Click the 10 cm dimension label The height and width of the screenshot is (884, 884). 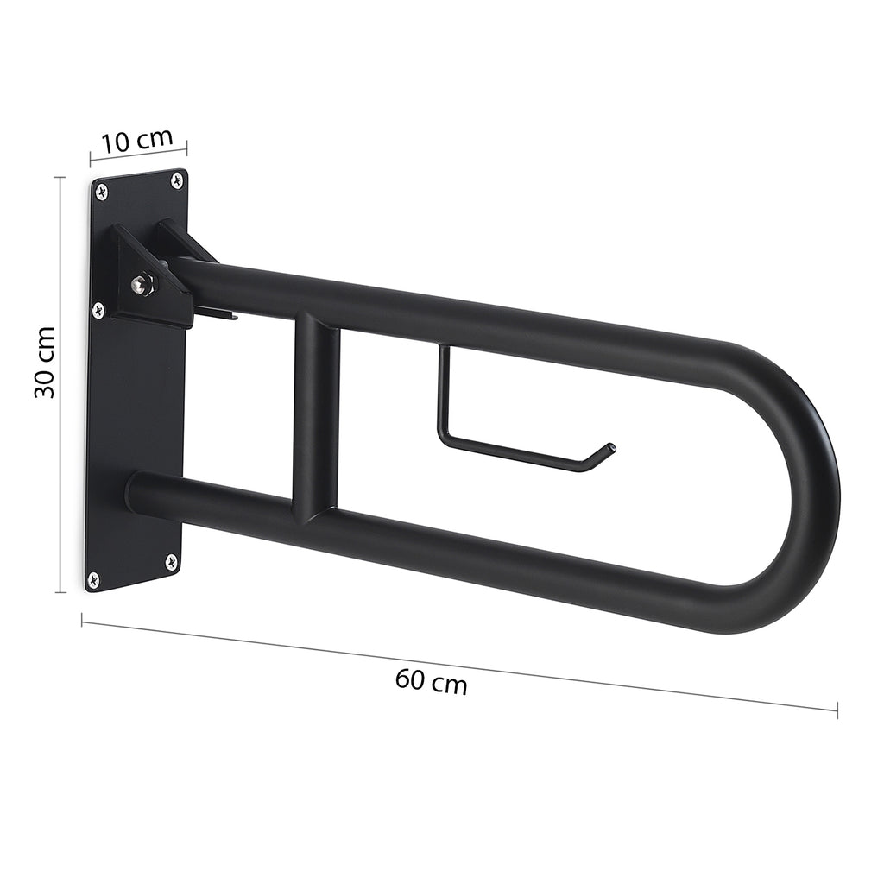(x=138, y=140)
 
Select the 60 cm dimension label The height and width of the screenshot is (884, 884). (x=432, y=682)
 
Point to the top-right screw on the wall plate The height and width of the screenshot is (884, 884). (x=177, y=180)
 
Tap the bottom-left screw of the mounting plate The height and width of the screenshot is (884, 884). (x=94, y=579)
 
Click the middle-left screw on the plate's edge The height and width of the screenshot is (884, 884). (x=98, y=307)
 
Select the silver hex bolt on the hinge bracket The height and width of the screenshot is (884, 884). (x=142, y=283)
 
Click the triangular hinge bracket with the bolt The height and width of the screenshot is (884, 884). (x=151, y=276)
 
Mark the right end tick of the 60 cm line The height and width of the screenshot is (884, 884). (x=837, y=710)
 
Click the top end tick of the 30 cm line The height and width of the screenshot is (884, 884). (x=60, y=177)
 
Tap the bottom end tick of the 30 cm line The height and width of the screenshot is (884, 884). (x=60, y=592)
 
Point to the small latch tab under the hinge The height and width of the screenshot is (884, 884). (x=224, y=316)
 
